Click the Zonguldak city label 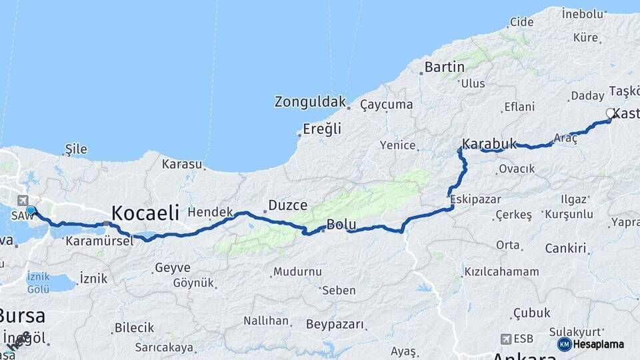pyautogui.click(x=310, y=102)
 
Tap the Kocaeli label pyautogui.click(x=145, y=213)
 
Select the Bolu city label pyautogui.click(x=341, y=225)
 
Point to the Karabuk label pyautogui.click(x=490, y=143)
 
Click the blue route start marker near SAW pyautogui.click(x=31, y=211)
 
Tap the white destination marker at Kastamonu pyautogui.click(x=610, y=113)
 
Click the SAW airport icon pyautogui.click(x=23, y=200)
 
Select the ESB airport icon pyautogui.click(x=506, y=339)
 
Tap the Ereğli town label pyautogui.click(x=322, y=129)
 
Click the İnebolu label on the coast pyautogui.click(x=582, y=13)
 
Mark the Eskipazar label pyautogui.click(x=474, y=199)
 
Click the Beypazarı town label pyautogui.click(x=335, y=325)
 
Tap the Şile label pyautogui.click(x=77, y=149)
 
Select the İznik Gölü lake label pyautogui.click(x=38, y=282)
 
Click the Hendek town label pyautogui.click(x=210, y=212)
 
